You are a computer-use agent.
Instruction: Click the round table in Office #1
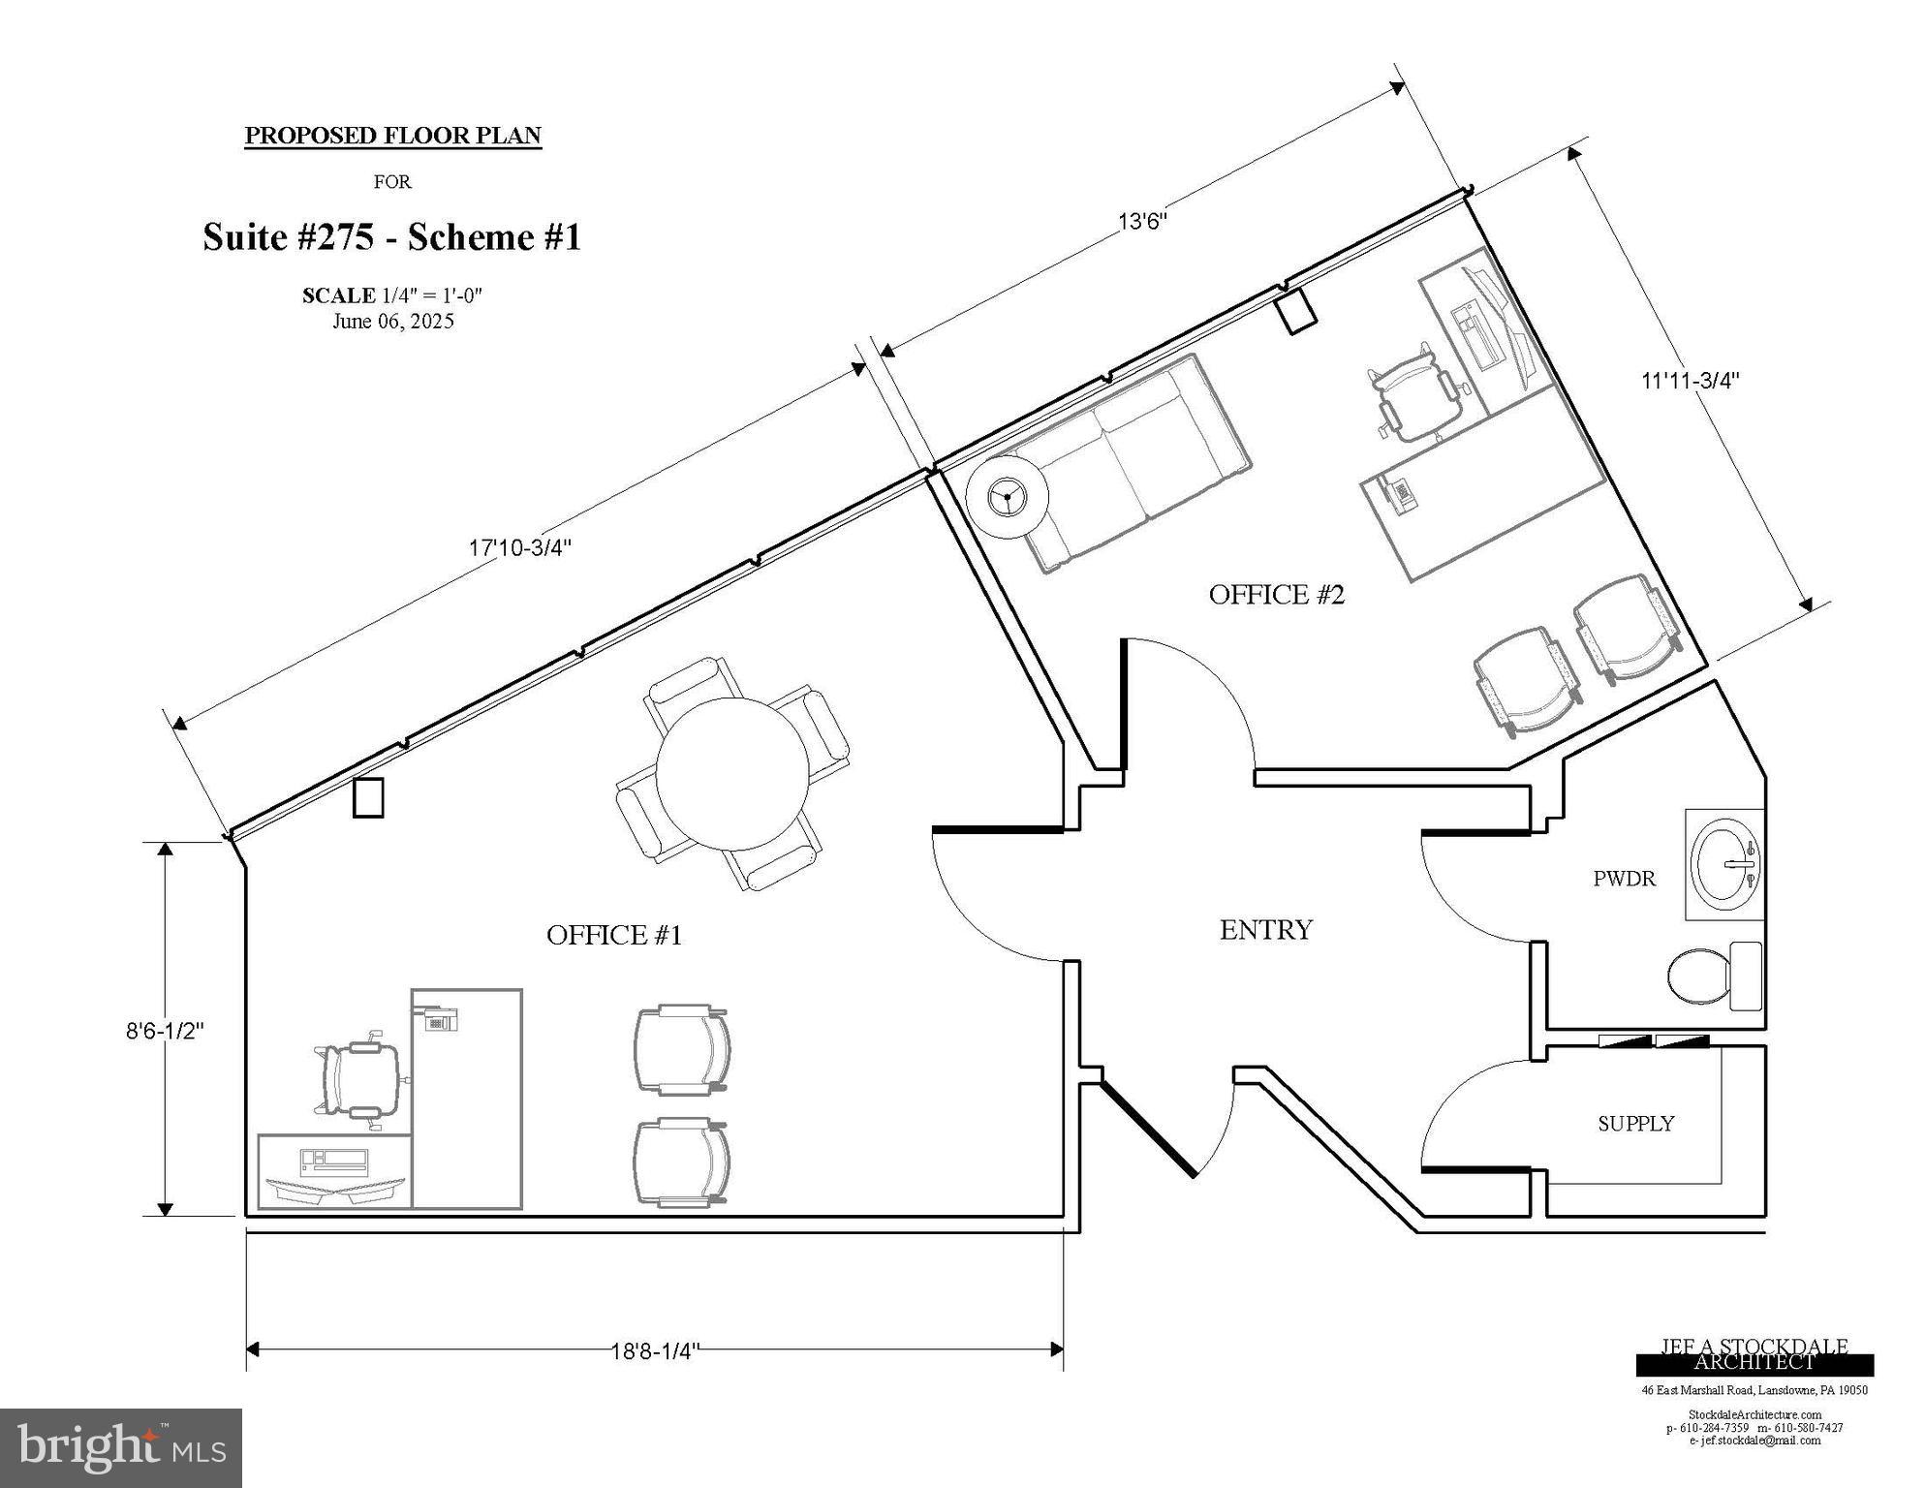click(732, 774)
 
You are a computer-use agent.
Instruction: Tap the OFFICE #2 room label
click(1276, 595)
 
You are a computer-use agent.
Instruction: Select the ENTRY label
click(1265, 930)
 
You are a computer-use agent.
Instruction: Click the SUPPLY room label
click(1635, 1124)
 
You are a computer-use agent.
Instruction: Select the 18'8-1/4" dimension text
click(655, 1350)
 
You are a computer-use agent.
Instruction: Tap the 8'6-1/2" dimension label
click(165, 1031)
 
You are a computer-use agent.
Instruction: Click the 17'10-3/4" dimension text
click(520, 547)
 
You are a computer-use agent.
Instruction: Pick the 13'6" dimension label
click(1142, 221)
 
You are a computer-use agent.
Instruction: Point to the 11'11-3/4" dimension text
click(1690, 381)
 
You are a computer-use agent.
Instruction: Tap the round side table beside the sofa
click(1008, 497)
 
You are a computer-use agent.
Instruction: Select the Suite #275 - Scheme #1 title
click(391, 237)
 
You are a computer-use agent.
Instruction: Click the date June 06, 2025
click(392, 322)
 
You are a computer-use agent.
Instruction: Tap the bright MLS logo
click(121, 1447)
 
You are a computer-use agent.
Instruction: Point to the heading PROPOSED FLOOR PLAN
click(392, 136)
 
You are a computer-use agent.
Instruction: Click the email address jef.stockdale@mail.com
click(1754, 1441)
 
